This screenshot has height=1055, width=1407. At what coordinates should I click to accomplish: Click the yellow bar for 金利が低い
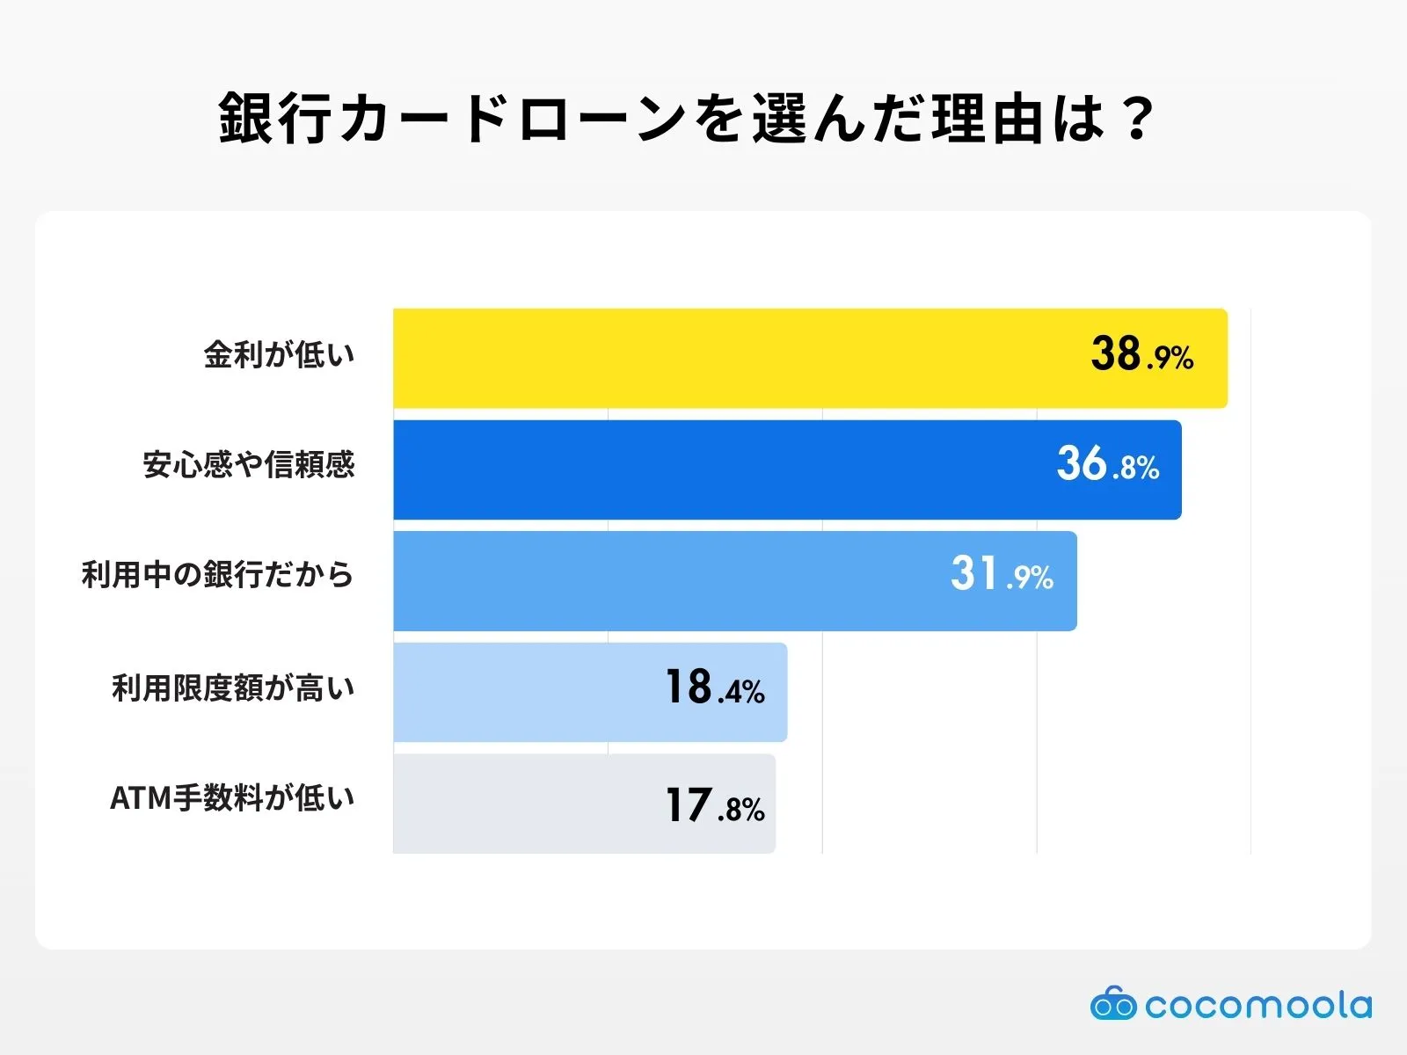coord(721,359)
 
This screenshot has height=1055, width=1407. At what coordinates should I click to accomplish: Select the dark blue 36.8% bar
coord(703,469)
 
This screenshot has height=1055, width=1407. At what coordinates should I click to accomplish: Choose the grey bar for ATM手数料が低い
coord(519,804)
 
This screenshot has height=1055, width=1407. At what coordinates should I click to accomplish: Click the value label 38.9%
coord(1141,354)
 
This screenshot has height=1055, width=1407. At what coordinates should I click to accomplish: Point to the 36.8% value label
coord(1107,464)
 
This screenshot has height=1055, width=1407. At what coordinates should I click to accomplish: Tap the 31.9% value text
coord(1001,575)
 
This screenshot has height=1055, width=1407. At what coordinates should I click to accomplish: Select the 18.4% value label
coord(714,688)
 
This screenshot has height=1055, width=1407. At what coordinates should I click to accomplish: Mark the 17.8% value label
coord(714,806)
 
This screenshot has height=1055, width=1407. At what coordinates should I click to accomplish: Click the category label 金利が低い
coord(279,355)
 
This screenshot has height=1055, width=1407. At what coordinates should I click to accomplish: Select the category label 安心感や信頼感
coord(249,464)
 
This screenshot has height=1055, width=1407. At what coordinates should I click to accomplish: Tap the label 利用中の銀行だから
coord(217,575)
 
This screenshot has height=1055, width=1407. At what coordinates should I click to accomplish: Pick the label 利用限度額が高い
coord(233,688)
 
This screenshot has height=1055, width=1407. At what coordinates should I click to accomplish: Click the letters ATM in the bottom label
coord(140,798)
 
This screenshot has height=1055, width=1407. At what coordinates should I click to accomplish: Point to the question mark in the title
coord(1138,119)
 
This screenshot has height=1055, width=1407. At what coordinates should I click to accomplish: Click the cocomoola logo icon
coord(1112,1004)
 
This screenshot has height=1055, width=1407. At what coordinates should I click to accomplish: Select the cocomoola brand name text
coord(1258,1005)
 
